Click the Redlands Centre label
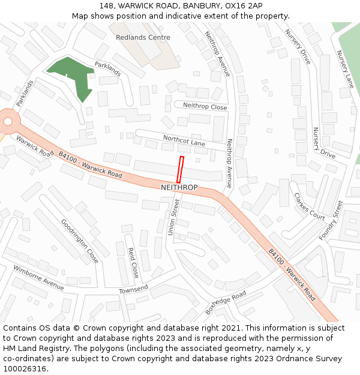tap(143, 37)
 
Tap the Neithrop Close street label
tap(205, 106)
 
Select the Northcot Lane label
tap(184, 141)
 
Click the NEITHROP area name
tap(179, 188)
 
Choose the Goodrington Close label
tap(80, 241)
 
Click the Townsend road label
tap(133, 289)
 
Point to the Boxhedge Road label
tap(226, 302)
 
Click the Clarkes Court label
tap(309, 206)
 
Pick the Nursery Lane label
tap(345, 70)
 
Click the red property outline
tap(180, 169)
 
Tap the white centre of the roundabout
tap(7, 122)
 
